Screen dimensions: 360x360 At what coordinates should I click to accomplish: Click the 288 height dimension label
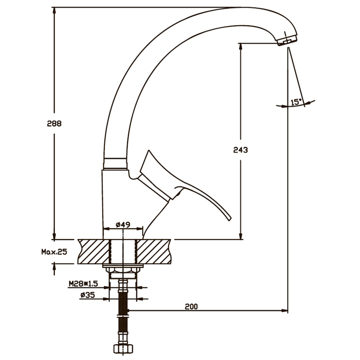[x=54, y=123]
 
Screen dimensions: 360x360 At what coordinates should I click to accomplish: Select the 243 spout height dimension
[x=241, y=150]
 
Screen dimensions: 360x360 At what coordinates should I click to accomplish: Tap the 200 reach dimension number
[x=191, y=306]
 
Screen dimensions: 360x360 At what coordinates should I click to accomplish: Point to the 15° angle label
[x=296, y=102]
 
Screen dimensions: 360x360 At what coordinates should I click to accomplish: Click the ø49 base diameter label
[x=123, y=224]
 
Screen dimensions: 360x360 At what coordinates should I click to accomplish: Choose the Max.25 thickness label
[x=54, y=252]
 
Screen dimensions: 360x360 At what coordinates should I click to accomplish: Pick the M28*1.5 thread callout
[x=83, y=284]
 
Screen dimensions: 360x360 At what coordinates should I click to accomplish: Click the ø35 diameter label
[x=87, y=295]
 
